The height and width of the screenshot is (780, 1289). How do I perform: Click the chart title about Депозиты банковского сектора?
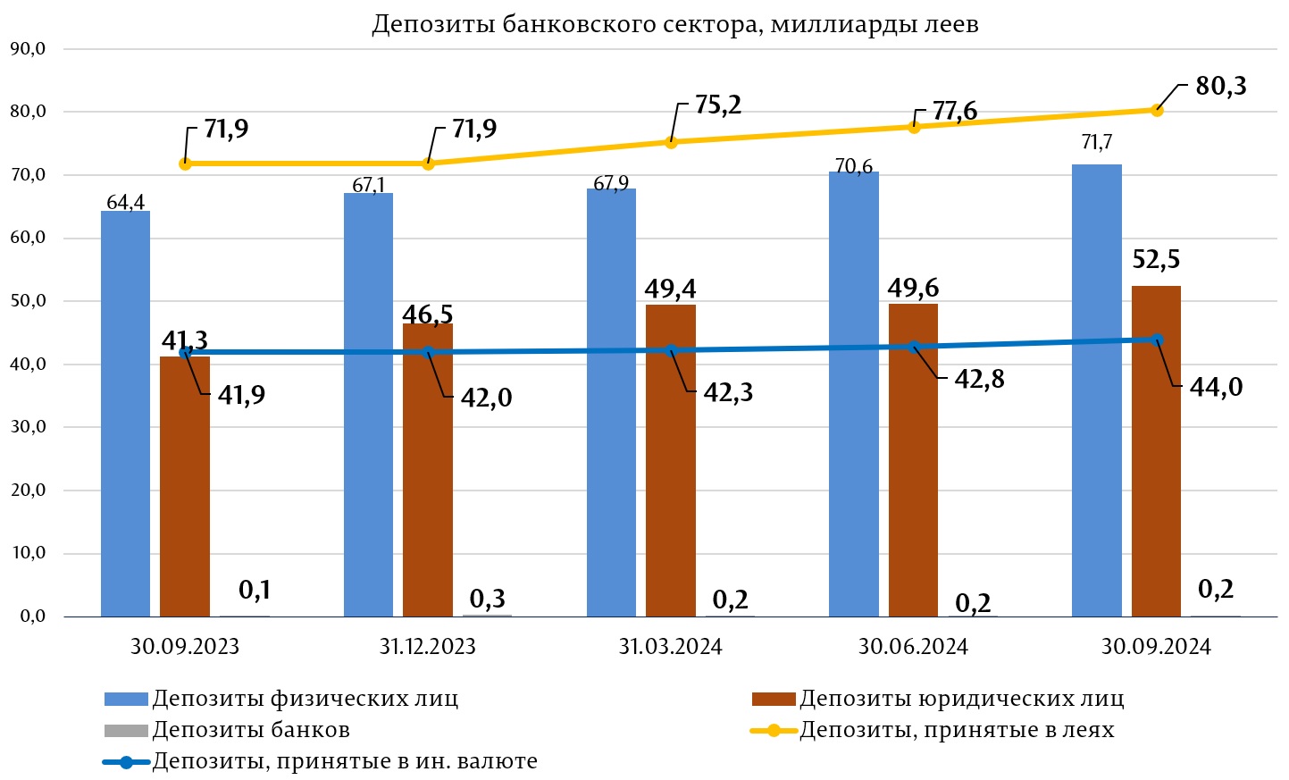click(x=674, y=24)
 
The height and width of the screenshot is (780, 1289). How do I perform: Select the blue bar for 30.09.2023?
click(x=125, y=411)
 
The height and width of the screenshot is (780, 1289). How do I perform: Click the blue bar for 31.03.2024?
click(x=611, y=402)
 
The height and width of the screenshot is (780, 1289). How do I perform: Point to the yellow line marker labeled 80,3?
click(x=1157, y=110)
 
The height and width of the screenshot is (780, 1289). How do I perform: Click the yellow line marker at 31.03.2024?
click(x=671, y=142)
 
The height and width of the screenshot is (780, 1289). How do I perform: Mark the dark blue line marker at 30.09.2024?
click(x=1157, y=340)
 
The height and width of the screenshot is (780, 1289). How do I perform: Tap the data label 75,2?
click(x=718, y=105)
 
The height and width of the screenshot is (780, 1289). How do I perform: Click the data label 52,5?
click(x=1156, y=259)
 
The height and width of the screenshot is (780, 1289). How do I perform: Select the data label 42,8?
click(x=979, y=380)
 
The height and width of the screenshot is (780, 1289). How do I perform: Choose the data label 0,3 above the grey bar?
click(x=488, y=598)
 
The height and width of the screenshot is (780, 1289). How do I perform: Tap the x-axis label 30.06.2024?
click(x=913, y=647)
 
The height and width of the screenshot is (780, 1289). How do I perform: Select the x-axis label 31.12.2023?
click(x=428, y=647)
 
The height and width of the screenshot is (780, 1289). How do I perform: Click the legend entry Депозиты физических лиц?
click(x=305, y=699)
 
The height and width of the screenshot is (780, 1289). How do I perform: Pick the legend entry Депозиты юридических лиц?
click(x=961, y=699)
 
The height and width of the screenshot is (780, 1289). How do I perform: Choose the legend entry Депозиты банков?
click(x=251, y=730)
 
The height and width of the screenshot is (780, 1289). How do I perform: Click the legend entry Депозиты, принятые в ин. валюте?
click(x=345, y=762)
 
